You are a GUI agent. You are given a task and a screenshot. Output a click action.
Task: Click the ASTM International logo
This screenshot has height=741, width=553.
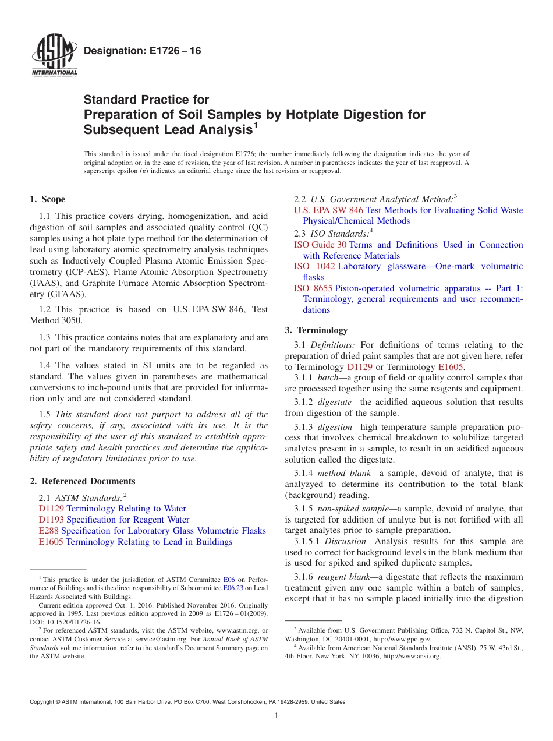(54, 56)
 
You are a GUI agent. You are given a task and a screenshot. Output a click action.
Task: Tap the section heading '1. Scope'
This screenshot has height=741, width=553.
(48, 199)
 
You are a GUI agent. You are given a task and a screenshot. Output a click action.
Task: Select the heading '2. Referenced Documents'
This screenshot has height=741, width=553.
(83, 481)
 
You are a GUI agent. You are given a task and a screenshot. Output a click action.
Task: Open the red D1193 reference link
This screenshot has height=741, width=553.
(51, 520)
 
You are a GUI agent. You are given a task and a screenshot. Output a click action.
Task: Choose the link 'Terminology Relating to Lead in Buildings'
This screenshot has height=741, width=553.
(149, 542)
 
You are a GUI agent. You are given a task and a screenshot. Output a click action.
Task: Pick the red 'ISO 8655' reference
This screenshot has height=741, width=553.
(313, 288)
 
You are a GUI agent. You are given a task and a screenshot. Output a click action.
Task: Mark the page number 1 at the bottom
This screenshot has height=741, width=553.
(276, 716)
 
